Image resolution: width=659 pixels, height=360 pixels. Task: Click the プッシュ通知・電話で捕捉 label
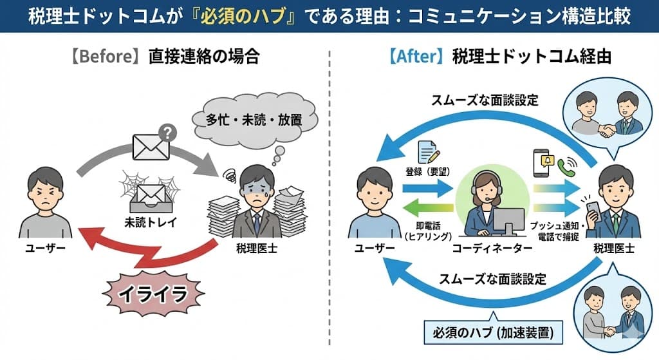557,231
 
